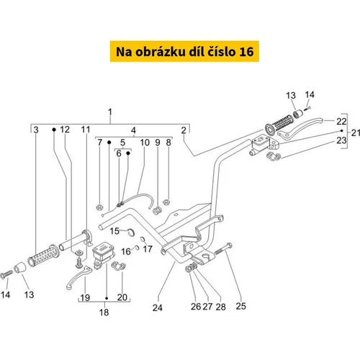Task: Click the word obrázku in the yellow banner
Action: coord(160,52)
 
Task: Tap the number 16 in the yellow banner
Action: coord(246,52)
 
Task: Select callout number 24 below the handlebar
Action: coord(158,307)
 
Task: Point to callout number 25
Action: coord(240,306)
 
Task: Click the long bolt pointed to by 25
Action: coord(223,248)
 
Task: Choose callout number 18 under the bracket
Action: coord(104,312)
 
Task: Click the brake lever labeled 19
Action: coord(79,278)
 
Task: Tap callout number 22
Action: coord(341,122)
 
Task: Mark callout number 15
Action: coord(114,231)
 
